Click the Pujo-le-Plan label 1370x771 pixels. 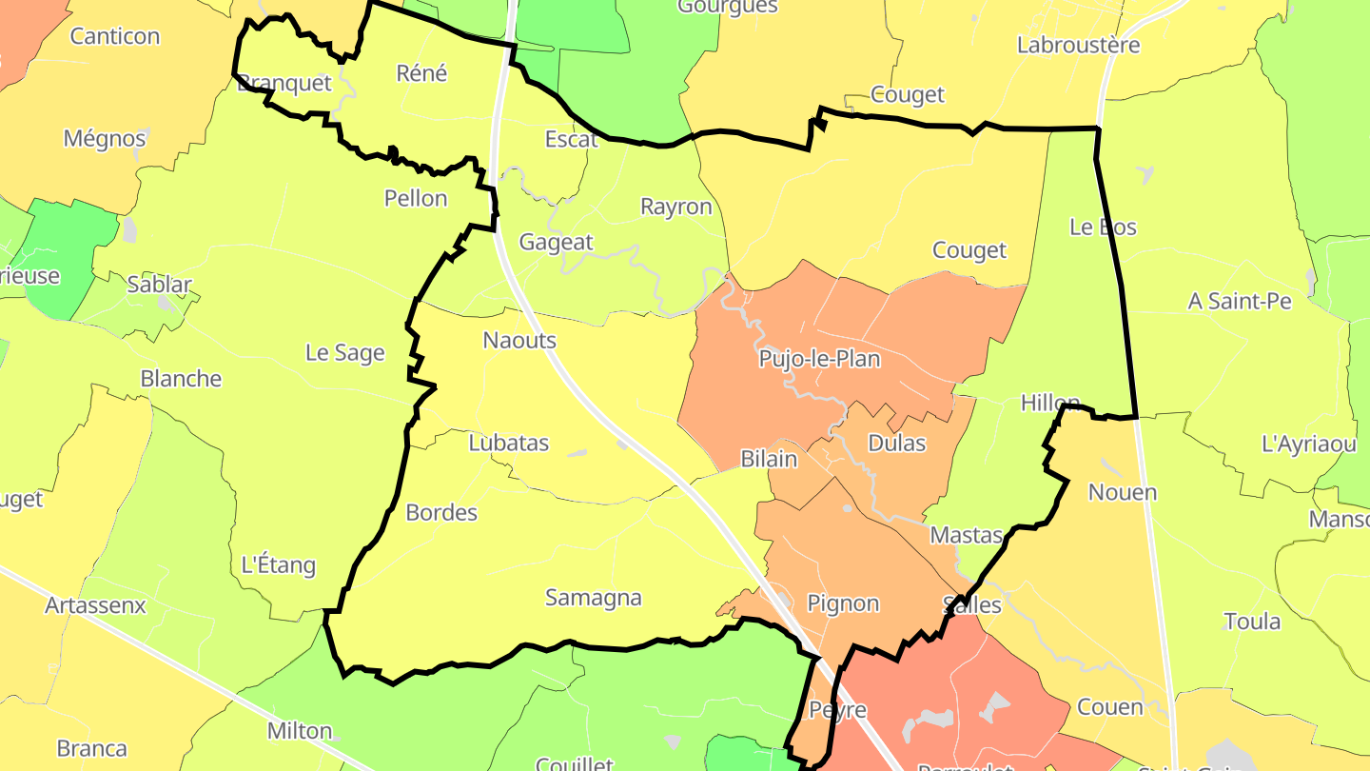tap(819, 359)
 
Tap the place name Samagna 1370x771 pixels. tap(593, 598)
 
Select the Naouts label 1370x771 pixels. tap(519, 340)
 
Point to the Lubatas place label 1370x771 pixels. tap(508, 443)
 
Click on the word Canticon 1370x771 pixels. tap(115, 36)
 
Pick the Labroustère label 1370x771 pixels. tap(1078, 45)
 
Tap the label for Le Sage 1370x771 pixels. tap(344, 353)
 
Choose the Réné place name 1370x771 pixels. tap(421, 73)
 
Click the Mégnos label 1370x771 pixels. tap(105, 138)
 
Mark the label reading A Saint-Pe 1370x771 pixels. tap(1240, 301)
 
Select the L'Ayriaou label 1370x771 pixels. tap(1308, 444)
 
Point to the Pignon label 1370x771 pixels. tap(843, 603)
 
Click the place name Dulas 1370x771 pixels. tap(896, 444)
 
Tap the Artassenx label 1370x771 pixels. tap(95, 605)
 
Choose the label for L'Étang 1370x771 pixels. tap(278, 564)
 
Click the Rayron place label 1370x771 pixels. tap(675, 207)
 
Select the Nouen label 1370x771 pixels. tap(1123, 492)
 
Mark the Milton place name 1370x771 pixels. tap(300, 731)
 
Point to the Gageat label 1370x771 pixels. tap(556, 242)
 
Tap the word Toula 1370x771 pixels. tap(1252, 622)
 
